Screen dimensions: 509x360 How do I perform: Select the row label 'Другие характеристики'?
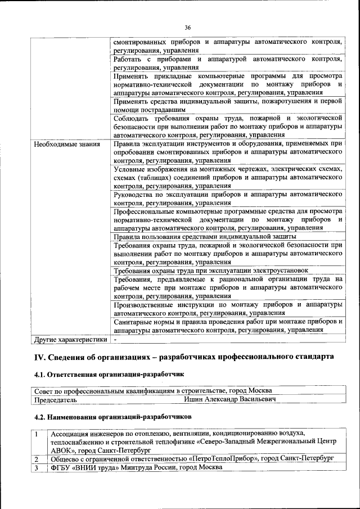click(70, 340)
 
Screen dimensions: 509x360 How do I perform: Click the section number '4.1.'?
click(40, 374)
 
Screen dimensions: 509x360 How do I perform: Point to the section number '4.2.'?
click(40, 417)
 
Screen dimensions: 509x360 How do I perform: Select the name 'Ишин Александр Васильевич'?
click(230, 399)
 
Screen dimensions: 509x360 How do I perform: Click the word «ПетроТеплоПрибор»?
click(222, 458)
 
